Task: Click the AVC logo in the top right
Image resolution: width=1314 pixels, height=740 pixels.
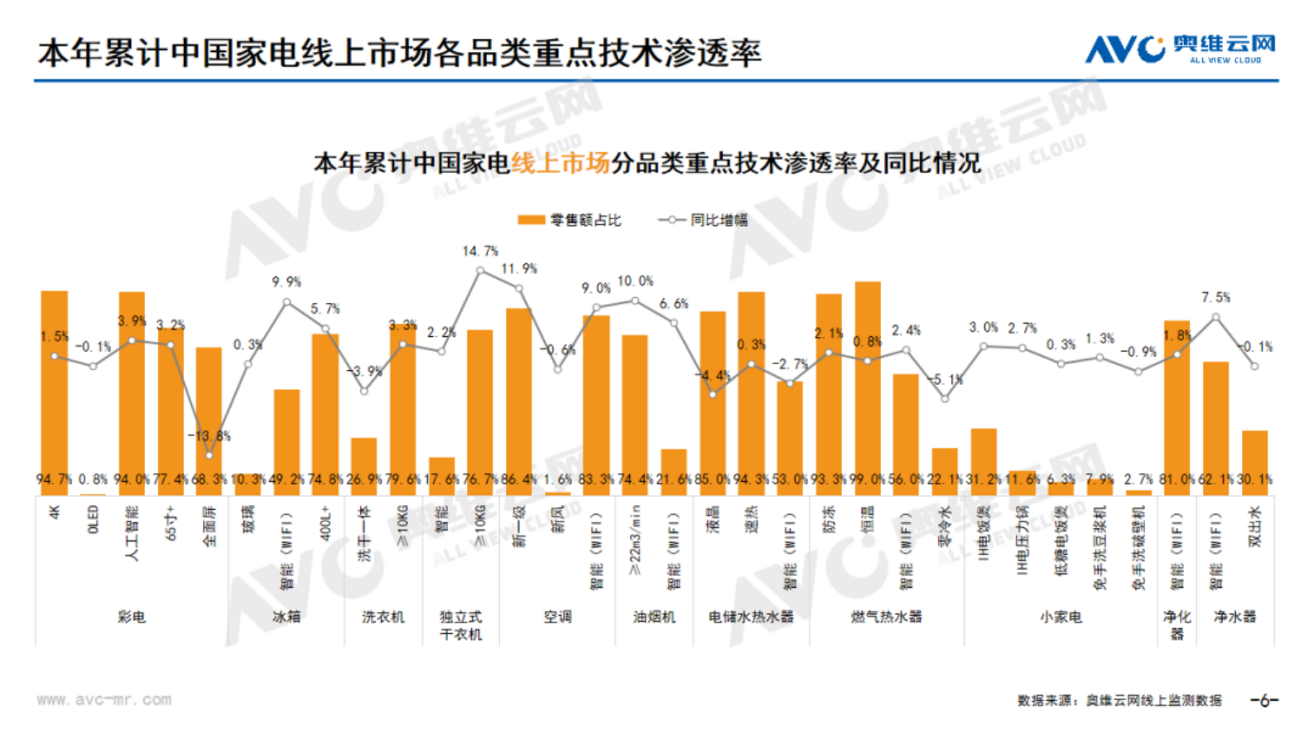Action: [x=1179, y=49]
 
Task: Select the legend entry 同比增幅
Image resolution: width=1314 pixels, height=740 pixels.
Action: [x=703, y=220]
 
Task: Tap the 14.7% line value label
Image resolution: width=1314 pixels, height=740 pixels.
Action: [x=480, y=251]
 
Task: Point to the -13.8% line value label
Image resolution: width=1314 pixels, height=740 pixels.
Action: [x=209, y=435]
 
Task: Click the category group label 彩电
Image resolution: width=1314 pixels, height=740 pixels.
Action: [x=132, y=617]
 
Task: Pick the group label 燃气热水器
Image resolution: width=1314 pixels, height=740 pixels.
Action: [x=886, y=617]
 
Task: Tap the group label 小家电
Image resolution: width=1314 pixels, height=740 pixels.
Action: [x=1061, y=617]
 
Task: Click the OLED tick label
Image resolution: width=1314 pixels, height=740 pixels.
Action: [x=93, y=520]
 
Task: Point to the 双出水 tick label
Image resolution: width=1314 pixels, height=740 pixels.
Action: [x=1255, y=526]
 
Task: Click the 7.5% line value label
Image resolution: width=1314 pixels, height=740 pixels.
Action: [x=1215, y=297]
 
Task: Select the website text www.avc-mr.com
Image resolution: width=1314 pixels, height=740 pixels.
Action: [x=103, y=699]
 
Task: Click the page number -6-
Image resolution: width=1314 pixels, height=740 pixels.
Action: [x=1264, y=700]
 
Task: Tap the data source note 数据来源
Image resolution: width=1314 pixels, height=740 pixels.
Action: [x=1119, y=700]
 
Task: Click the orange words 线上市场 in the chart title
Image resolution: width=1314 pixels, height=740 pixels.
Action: [x=561, y=163]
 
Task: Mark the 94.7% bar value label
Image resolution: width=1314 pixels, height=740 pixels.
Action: [x=54, y=479]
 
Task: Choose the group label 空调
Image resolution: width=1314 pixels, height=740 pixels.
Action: [x=557, y=617]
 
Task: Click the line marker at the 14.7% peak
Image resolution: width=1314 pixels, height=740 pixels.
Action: [x=480, y=271]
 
